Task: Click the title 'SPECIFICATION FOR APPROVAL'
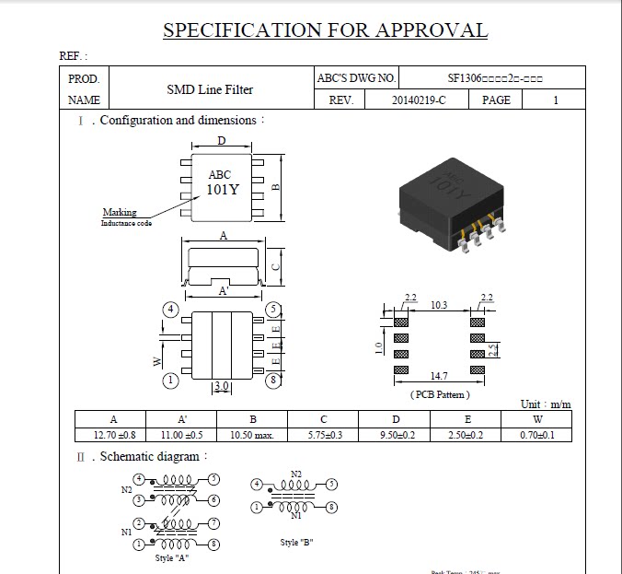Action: tap(325, 29)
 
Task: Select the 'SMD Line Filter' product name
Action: tap(210, 89)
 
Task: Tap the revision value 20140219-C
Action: tap(418, 100)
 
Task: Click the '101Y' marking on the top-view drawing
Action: tap(221, 191)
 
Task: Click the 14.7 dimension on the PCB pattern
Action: tap(438, 377)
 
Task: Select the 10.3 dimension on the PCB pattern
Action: tap(439, 305)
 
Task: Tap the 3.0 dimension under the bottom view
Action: tap(221, 386)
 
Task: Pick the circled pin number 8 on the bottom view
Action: tap(273, 379)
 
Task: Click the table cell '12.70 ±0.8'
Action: tap(115, 435)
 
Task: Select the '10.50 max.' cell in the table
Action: tap(252, 435)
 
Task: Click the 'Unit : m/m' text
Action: tap(546, 404)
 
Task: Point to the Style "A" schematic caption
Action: tap(172, 557)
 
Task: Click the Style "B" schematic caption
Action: tap(297, 543)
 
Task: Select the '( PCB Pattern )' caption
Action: tap(439, 394)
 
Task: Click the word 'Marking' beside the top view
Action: tap(120, 212)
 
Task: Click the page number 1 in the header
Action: tap(555, 100)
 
